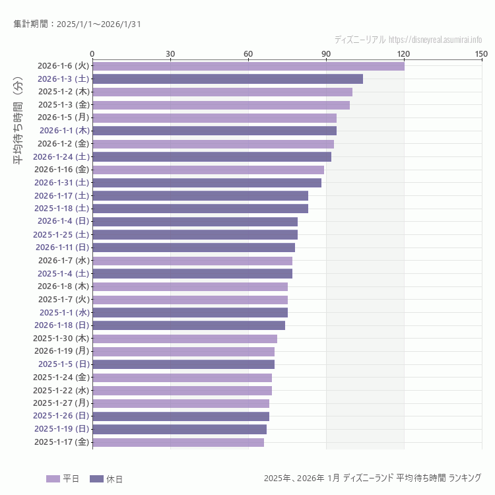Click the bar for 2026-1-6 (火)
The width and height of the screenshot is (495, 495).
coord(248,66)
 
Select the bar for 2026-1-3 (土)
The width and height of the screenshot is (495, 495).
coord(228,79)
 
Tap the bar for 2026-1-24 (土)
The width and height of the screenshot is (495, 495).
coord(212,156)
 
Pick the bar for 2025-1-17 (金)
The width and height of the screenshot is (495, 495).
coord(178,442)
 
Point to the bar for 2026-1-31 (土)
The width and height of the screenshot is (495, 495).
coord(207,182)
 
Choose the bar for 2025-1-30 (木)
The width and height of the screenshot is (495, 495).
coord(185,339)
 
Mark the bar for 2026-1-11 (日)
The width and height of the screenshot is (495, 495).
coord(193,247)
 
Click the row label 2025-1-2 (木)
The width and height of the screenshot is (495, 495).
coord(63,92)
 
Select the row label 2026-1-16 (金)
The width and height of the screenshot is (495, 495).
coord(62,170)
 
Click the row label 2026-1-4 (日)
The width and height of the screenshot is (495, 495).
coord(63,221)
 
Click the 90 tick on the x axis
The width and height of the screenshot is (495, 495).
coord(326,54)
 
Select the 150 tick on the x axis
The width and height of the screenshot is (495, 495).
coord(481,54)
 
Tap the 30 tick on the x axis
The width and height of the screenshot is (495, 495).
coord(170,54)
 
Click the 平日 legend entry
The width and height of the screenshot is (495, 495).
coord(63,478)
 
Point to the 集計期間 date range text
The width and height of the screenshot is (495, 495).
coord(77,24)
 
